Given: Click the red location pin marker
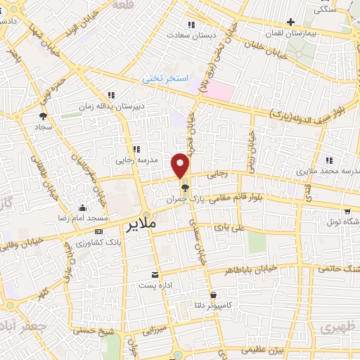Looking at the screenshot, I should pyautogui.click(x=181, y=165).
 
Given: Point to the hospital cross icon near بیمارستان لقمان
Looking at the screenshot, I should pyautogui.click(x=291, y=22).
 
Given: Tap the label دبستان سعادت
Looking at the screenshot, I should pyautogui.click(x=186, y=34).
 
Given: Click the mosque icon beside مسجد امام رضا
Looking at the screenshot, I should pyautogui.click(x=83, y=207).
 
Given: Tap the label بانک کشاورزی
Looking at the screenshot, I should pyautogui.click(x=98, y=243).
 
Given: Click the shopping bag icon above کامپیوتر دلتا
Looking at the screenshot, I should pyautogui.click(x=212, y=295).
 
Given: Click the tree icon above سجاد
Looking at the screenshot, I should pyautogui.click(x=44, y=116).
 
